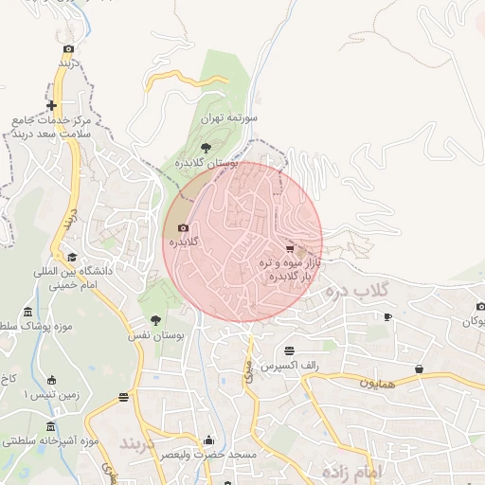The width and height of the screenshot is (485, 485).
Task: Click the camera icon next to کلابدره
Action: pyautogui.click(x=183, y=227)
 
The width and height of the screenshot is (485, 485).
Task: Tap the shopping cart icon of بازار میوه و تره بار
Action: pyautogui.click(x=289, y=248)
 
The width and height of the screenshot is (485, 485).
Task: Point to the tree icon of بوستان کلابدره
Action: pyautogui.click(x=207, y=147)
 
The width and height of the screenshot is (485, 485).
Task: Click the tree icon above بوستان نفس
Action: pyautogui.click(x=155, y=320)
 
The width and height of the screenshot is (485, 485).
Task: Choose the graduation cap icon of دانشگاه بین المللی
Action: pyautogui.click(x=71, y=257)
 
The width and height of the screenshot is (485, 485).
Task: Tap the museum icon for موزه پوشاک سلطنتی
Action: pyautogui.click(x=27, y=313)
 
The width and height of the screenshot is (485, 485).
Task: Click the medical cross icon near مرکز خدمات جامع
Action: pyautogui.click(x=51, y=106)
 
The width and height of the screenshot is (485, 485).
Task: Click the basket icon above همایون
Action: pyautogui.click(x=419, y=368)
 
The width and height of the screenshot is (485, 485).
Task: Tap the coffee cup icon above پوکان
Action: pyautogui.click(x=386, y=316)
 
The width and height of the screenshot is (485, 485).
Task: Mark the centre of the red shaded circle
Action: pyautogui.click(x=243, y=242)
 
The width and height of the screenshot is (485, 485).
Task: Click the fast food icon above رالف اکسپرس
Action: pyautogui.click(x=289, y=350)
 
